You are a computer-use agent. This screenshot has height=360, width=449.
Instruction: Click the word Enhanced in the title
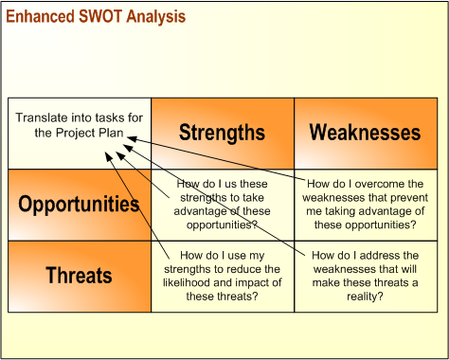coord(40,16)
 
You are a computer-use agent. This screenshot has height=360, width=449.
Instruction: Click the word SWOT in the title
coord(100,16)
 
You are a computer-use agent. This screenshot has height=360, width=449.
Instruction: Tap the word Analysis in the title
coord(156,17)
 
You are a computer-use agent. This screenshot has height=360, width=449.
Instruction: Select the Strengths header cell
coord(223,134)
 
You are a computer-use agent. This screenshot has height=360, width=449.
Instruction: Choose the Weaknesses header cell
coord(366,134)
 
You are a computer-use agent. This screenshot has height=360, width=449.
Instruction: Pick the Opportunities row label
coord(80,205)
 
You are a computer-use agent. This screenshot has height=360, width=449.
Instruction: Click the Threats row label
coord(80,277)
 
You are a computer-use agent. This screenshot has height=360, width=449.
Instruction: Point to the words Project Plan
coord(90,133)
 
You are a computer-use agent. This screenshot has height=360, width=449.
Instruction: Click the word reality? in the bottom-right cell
coord(365,297)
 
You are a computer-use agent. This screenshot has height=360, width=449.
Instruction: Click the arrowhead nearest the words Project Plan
coord(132,138)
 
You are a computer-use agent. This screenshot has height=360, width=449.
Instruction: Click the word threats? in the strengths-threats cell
coord(240,297)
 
